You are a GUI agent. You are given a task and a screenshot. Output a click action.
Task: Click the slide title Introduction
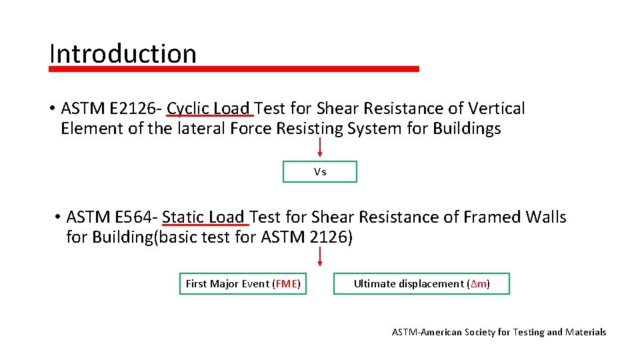[x=123, y=54]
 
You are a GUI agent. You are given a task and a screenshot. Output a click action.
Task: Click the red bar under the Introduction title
[x=234, y=69]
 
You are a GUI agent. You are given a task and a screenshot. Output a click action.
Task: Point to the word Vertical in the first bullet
[x=497, y=109]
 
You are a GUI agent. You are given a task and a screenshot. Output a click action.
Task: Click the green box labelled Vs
[x=320, y=172]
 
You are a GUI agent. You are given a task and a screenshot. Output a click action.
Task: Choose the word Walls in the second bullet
[x=546, y=217]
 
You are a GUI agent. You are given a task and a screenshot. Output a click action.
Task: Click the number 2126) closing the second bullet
[x=331, y=237]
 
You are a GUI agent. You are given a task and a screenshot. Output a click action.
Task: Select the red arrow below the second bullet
[x=320, y=257]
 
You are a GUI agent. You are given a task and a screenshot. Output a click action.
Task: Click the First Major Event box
[x=243, y=284]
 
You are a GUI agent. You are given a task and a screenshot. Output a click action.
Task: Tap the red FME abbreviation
[x=286, y=284]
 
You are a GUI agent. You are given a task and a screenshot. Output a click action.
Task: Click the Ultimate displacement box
[x=421, y=284]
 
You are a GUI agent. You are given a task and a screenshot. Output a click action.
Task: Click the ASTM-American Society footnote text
[x=499, y=332]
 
